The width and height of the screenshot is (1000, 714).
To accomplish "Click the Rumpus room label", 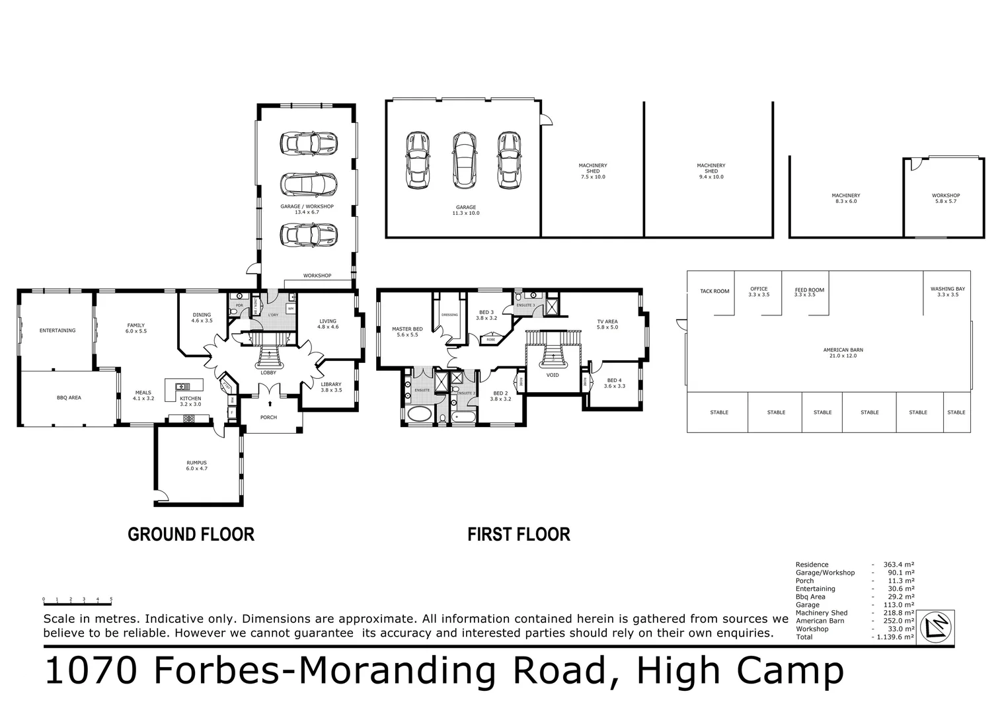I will pos(196,465).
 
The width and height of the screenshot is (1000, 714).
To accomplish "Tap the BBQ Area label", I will pos(69,398).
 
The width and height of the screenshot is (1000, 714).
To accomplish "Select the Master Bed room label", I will pos(407,332).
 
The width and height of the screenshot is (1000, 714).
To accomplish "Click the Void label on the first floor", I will pos(553,376).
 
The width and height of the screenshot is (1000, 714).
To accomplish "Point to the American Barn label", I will pos(843,353).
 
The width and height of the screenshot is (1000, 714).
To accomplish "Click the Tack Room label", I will pos(714,292).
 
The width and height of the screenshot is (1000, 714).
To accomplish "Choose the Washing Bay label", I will pos(947,292).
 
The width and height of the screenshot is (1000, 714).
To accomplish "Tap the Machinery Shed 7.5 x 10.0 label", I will pos(593,171).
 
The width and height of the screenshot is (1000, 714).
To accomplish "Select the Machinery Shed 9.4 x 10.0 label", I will pos(711,171).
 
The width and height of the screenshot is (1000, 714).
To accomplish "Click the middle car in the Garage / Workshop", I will pos(309,184).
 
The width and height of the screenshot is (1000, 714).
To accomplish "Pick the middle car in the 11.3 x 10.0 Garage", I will pos(465,160).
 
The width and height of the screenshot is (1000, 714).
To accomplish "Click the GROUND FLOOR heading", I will pos(190,534).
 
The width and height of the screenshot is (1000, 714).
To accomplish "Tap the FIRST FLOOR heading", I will pos(518,534).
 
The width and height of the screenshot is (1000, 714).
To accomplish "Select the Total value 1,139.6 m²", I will pos(895,637).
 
